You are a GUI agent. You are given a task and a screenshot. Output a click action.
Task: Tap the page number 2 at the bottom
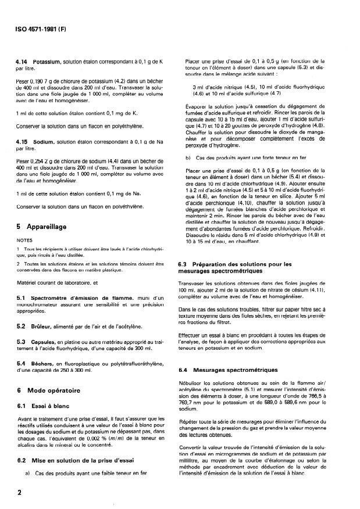[x=20, y=493]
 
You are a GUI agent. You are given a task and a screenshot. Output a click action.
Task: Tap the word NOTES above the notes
[x=24, y=239]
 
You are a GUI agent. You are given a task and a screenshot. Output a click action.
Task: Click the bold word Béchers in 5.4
[x=45, y=364]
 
